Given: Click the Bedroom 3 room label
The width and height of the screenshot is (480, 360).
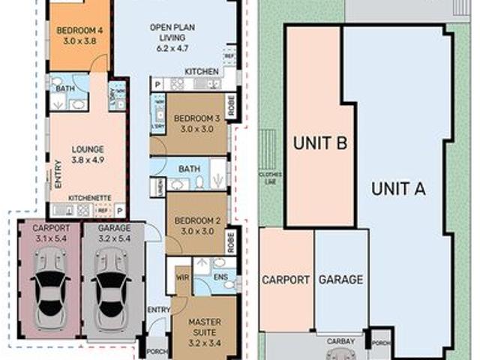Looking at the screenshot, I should [196, 124].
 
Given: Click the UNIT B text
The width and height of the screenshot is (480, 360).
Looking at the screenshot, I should [319, 142].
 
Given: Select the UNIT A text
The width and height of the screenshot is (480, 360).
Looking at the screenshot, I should [398, 188].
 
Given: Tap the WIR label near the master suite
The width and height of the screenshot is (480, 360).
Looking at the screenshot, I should [181, 277].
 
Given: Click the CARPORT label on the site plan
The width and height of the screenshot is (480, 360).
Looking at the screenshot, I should [285, 280].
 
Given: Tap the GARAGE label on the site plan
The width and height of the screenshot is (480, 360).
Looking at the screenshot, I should [341, 280].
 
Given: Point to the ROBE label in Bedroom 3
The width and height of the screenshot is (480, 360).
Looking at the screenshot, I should [232, 106].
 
